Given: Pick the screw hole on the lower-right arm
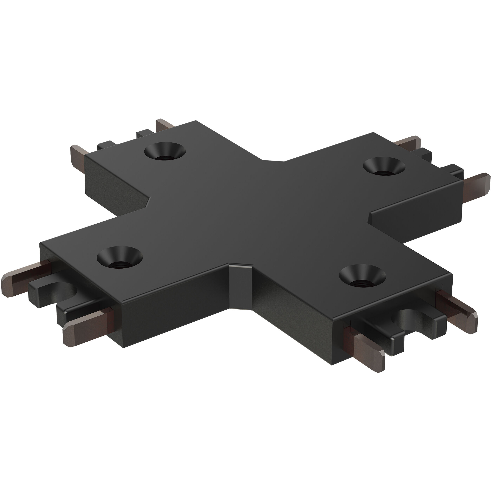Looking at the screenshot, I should [362, 276].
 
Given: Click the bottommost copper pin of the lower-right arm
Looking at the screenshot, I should [368, 351].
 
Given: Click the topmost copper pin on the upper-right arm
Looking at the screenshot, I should [407, 141].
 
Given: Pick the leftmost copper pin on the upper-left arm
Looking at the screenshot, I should [78, 154].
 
